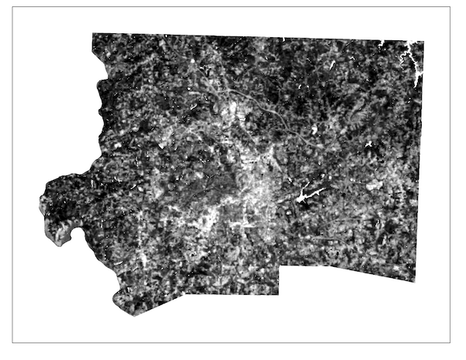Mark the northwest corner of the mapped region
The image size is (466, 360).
coord(92,33)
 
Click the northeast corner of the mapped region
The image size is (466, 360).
coord(424,41)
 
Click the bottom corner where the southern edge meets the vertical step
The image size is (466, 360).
coord(279,295)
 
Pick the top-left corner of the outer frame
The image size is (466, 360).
coord(12,7)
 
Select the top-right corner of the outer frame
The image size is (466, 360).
coord(450,7)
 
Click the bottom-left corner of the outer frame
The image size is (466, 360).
coord(12,342)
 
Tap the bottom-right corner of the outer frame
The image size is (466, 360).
coord(450,342)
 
